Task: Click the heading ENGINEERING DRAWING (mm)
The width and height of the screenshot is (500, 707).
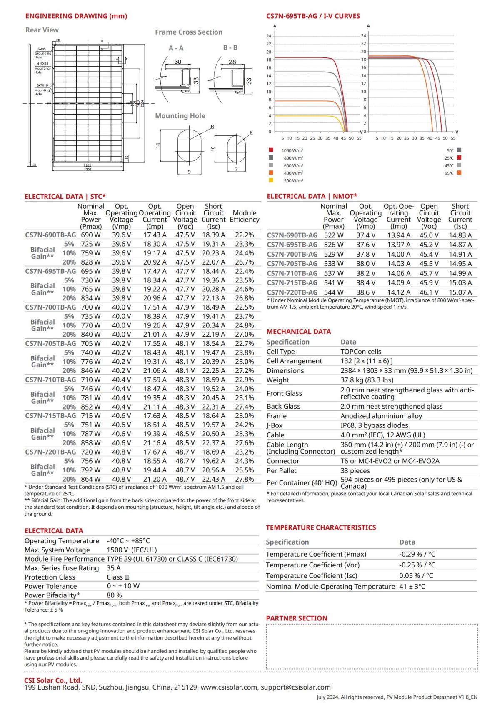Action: coord(76,16)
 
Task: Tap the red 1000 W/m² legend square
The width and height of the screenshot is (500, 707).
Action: coord(271,150)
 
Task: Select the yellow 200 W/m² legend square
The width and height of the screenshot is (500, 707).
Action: coord(271,180)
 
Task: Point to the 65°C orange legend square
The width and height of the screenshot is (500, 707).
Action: coord(459,173)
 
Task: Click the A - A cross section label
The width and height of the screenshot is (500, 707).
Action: coord(176,48)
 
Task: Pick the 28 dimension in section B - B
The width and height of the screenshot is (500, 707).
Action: coord(232,62)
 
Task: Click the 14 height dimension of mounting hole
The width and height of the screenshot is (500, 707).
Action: coord(158,145)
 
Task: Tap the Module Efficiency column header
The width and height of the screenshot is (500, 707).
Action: coord(244,216)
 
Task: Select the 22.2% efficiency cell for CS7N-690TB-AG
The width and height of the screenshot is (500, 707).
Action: coord(244,235)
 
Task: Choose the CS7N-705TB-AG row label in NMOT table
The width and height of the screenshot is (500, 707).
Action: coord(292,264)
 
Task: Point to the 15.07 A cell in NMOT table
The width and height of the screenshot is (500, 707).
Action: coord(460,292)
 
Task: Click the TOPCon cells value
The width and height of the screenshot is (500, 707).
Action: coord(361,352)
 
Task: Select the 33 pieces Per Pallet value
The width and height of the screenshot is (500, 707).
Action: coord(355,471)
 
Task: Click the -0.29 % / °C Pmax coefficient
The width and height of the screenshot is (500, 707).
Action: coord(417,554)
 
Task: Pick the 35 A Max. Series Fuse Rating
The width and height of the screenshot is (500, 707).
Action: coord(113,568)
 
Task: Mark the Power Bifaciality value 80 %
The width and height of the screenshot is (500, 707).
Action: coord(114,595)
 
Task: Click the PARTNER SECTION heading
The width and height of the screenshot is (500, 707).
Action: coord(297,618)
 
